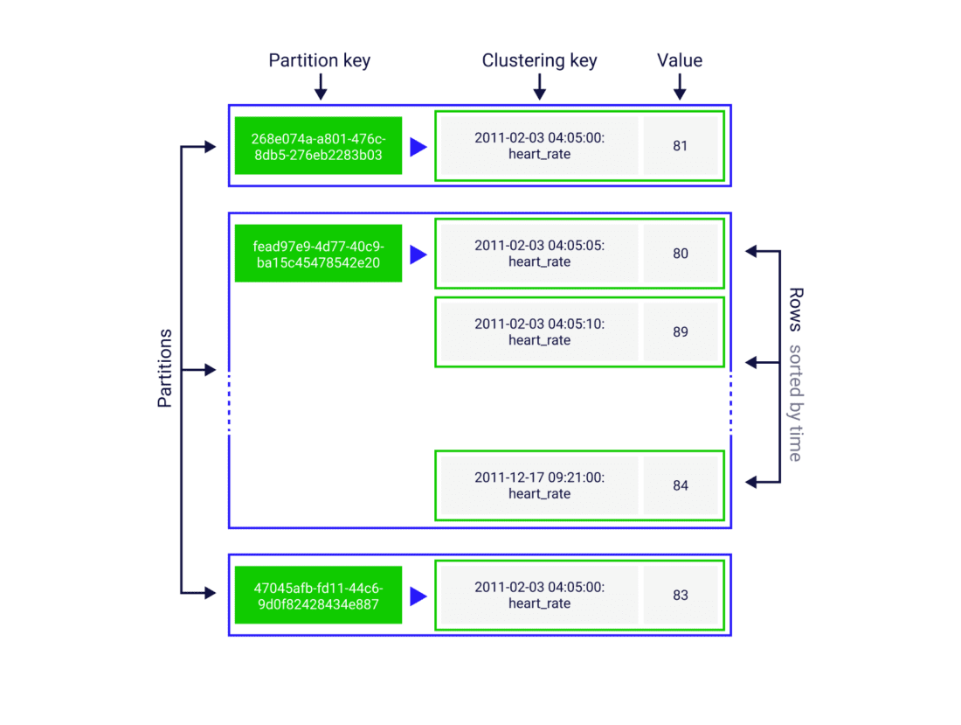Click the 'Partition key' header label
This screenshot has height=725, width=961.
(319, 60)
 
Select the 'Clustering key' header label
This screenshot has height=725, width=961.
(539, 60)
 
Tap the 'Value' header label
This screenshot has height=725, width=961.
(680, 60)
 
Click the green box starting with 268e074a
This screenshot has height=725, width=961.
(318, 146)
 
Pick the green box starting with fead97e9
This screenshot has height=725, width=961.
(318, 254)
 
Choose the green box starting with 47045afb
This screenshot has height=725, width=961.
(318, 595)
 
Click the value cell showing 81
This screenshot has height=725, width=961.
(680, 146)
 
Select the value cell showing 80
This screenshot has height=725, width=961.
(680, 254)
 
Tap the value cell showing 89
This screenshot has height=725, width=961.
(680, 332)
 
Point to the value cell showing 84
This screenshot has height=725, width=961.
(680, 485)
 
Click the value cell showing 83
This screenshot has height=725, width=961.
(680, 595)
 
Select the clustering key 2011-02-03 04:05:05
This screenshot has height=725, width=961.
(539, 254)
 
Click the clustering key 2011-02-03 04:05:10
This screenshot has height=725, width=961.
(539, 332)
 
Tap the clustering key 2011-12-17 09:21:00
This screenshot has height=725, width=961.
(539, 485)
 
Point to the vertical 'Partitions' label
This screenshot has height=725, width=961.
(164, 368)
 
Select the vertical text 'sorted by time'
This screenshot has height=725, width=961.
(795, 402)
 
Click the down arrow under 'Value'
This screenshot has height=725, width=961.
(680, 87)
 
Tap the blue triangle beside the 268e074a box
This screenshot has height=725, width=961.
(418, 147)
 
